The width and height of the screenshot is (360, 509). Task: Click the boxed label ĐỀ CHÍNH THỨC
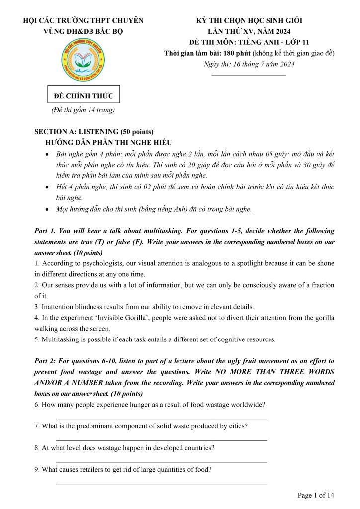(84, 96)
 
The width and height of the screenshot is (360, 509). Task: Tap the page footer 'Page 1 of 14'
(316, 495)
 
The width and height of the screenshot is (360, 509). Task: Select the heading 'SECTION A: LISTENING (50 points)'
(94, 132)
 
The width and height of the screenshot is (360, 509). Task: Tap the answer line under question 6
(161, 419)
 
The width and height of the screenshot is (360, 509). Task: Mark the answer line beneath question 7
(161, 440)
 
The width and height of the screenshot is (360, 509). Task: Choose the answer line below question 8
(161, 462)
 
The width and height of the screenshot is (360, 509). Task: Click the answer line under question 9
(161, 483)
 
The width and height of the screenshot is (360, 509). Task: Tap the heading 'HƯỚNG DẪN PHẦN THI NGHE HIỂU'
(108, 142)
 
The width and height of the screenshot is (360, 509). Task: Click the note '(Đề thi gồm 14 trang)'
(84, 110)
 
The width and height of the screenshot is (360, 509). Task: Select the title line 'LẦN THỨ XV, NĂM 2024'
(249, 31)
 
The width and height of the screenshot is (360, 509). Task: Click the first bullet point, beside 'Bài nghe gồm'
(47, 154)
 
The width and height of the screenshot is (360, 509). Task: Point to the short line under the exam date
(249, 75)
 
